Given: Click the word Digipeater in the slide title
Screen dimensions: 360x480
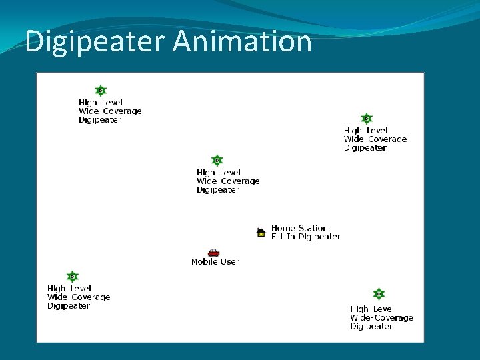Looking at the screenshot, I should (95, 41).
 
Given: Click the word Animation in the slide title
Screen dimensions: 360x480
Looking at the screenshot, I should (242, 41).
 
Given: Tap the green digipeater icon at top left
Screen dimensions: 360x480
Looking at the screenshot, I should (100, 91).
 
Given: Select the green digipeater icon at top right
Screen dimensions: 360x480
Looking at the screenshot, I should (365, 119).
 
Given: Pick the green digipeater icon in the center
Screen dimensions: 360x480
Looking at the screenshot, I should (217, 161).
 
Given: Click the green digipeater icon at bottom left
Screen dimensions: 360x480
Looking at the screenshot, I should (72, 277).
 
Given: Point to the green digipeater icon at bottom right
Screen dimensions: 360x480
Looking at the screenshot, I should (378, 294).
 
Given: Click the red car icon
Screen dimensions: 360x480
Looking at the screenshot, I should (213, 252).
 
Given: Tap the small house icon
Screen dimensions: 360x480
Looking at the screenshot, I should (261, 232).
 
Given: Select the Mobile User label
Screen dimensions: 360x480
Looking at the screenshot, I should (215, 262).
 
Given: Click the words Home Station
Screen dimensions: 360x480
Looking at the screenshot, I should (299, 228).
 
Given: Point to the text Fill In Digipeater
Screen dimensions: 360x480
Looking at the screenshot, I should (305, 237).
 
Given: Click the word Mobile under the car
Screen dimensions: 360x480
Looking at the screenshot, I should (204, 262).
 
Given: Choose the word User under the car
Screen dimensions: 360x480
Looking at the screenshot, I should (229, 262).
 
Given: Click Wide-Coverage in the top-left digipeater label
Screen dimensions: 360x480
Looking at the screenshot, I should (110, 111).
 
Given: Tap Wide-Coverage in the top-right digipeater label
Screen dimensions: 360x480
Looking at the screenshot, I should (375, 139).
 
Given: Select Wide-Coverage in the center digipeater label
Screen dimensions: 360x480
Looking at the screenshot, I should (227, 181).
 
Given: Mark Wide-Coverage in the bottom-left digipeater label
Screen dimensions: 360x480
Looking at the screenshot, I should (79, 297).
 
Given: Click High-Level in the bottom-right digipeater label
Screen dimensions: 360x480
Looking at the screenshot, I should (372, 309).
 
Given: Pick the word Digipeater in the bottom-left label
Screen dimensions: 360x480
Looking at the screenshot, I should (68, 306).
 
